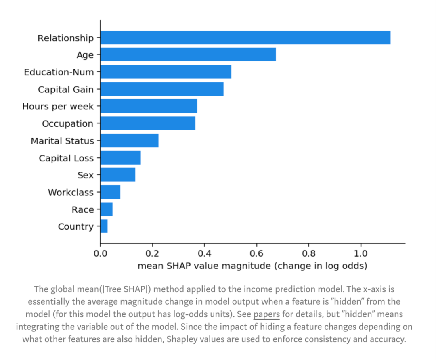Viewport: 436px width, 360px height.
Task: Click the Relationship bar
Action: [x=245, y=38]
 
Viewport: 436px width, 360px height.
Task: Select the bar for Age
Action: [x=188, y=54]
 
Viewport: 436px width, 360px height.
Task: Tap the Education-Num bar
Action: [x=166, y=72]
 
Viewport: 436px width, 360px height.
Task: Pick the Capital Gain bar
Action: [x=161, y=89]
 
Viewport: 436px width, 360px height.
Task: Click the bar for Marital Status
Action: [x=129, y=141]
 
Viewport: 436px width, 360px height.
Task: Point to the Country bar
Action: [x=104, y=226]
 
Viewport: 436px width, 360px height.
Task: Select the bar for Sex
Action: [x=117, y=175]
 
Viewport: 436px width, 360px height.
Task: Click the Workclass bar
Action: [x=110, y=193]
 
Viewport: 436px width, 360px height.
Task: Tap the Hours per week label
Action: [x=58, y=107]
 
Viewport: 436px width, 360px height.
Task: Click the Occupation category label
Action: [x=68, y=123]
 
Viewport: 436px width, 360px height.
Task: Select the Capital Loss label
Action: [x=66, y=158]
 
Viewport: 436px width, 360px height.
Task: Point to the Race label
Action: [x=83, y=210]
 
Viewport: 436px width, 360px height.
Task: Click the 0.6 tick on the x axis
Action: [x=256, y=254]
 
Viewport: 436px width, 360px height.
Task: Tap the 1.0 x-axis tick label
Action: [x=361, y=254]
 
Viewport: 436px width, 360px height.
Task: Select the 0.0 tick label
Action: [x=100, y=254]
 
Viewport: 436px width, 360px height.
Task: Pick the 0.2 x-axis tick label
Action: [x=152, y=254]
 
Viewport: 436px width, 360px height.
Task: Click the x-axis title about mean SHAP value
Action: [x=252, y=266]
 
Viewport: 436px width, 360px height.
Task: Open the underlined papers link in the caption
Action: [x=266, y=314]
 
